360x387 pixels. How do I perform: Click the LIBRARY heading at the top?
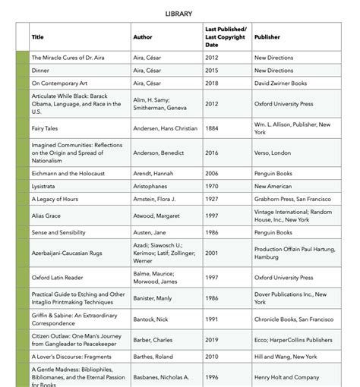pos(179,14)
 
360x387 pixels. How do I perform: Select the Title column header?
pos(37,36)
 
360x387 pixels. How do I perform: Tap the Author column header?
pos(143,36)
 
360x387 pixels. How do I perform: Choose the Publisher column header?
pos(267,36)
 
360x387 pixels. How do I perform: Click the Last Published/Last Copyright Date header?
pos(226,36)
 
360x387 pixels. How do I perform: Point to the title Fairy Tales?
pos(45,128)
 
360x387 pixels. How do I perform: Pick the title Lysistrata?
pos(43,186)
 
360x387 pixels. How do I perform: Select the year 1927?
pos(212,199)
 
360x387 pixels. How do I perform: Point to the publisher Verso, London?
pos(273,153)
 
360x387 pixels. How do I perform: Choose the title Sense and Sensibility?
pos(58,232)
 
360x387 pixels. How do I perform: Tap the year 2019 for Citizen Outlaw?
pos(212,340)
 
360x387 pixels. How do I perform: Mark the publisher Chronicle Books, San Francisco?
pos(294,319)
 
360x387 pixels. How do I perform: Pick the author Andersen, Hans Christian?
pos(165,128)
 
